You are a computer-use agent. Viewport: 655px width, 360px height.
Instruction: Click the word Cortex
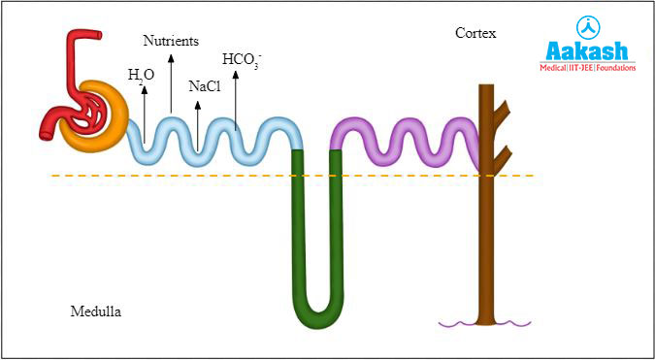coord(475,34)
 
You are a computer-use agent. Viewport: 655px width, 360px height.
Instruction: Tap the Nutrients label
coord(171,41)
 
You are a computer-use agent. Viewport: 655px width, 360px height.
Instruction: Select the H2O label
coord(141,74)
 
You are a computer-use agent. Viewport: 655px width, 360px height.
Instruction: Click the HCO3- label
coord(242,60)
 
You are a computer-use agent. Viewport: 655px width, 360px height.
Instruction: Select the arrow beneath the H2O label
coord(144,113)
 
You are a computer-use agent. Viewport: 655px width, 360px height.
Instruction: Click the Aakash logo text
coord(588,51)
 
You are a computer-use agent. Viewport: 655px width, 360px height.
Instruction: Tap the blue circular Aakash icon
coord(588,26)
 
